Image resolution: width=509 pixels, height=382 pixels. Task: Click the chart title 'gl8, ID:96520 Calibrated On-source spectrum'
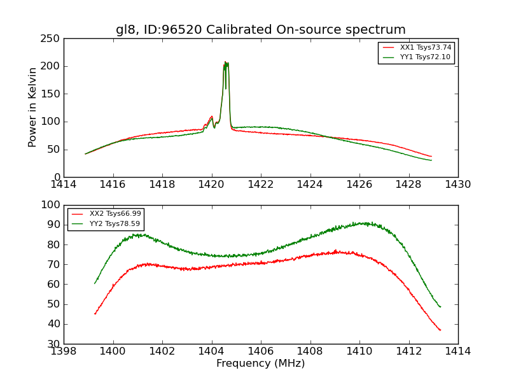pos(260,30)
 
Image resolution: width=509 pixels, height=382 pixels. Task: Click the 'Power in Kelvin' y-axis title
pos(32,107)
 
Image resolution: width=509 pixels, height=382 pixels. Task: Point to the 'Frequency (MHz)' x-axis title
pos(260,364)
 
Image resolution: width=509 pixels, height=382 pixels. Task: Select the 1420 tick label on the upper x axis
pos(211,184)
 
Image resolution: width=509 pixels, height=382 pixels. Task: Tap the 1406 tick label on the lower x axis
pos(261,351)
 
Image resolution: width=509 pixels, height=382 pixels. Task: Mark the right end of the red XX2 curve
pos(440,330)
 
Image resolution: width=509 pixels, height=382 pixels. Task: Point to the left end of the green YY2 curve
pos(95,283)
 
